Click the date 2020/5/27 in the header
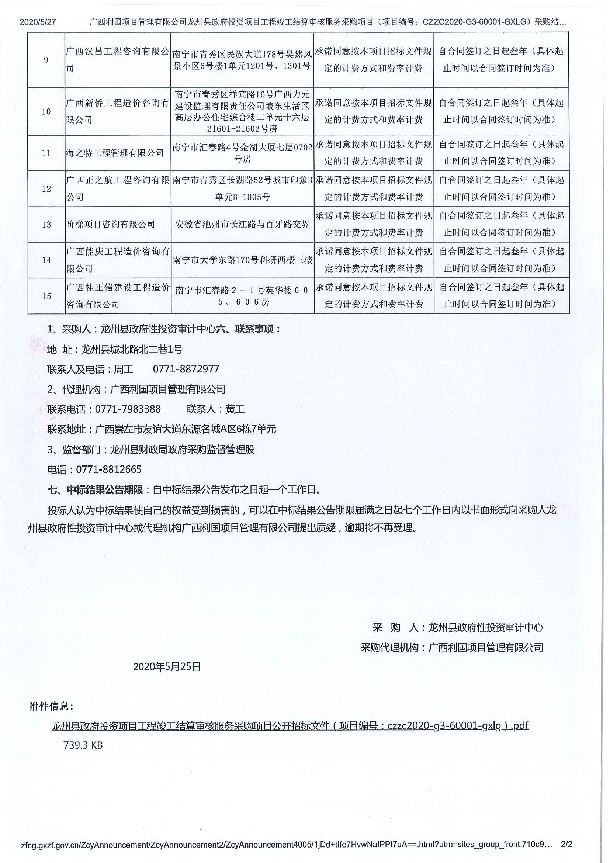(38, 22)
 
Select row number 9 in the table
(46, 60)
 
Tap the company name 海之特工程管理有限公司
(115, 153)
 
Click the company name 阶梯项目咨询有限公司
(111, 224)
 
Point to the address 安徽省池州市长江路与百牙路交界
(242, 224)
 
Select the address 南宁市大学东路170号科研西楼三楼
(242, 260)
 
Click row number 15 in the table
(46, 296)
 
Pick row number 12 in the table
(46, 189)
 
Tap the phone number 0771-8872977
(186, 369)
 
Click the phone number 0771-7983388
(128, 409)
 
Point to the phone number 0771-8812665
(109, 469)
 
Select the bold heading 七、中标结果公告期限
(95, 490)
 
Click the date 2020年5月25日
(167, 667)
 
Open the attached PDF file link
(290, 726)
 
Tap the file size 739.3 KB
(83, 745)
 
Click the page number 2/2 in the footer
(566, 844)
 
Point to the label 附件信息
(51, 707)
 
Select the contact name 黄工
(235, 409)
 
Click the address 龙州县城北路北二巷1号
(132, 349)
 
